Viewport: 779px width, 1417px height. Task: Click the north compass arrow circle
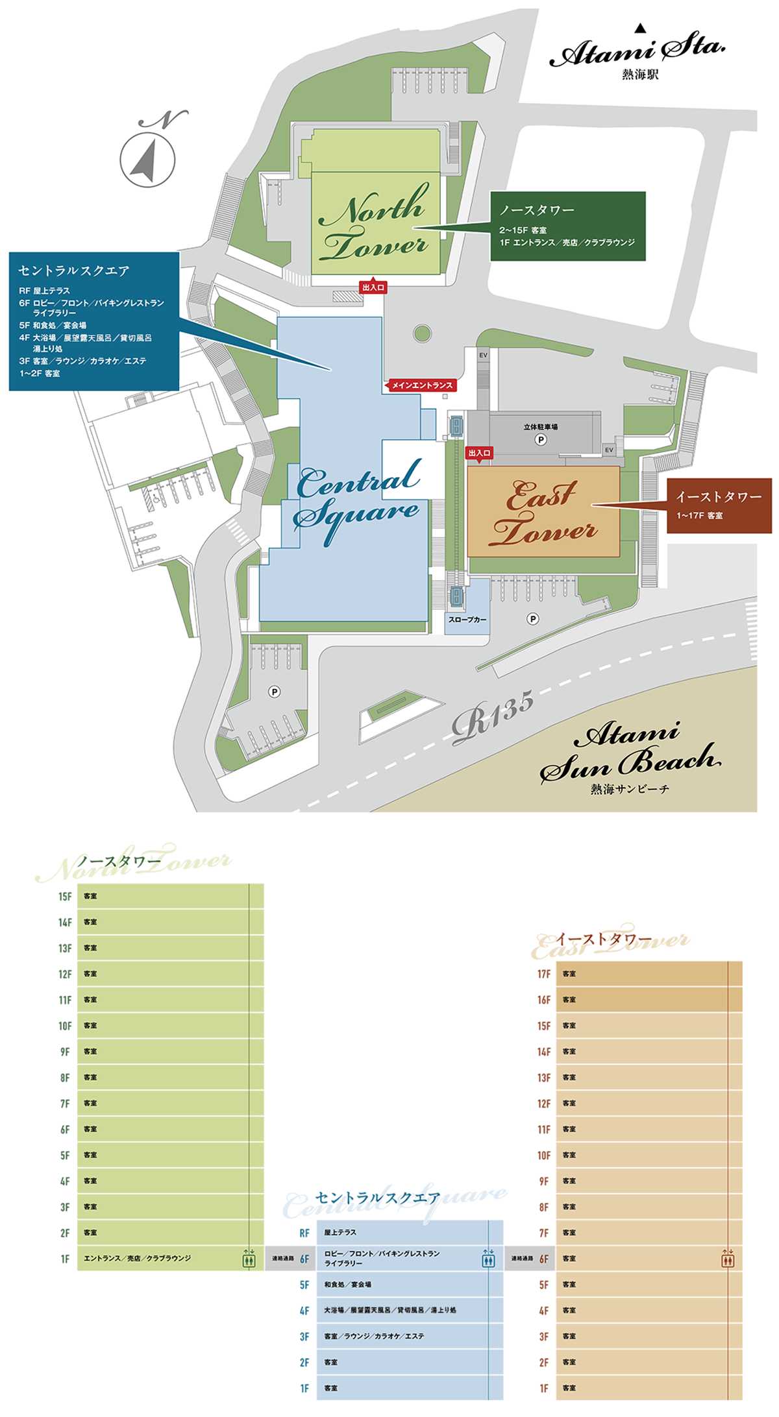(147, 160)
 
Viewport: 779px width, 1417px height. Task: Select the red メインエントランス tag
(421, 385)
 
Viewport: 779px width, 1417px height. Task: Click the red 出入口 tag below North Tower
(373, 287)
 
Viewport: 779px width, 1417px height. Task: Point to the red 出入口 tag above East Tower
(479, 453)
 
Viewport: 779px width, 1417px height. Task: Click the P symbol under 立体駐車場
(540, 439)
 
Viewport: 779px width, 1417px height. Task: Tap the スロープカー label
(467, 620)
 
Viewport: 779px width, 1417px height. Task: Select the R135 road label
(493, 717)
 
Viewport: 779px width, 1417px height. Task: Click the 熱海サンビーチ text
(629, 789)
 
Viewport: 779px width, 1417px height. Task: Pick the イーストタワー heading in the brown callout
(719, 497)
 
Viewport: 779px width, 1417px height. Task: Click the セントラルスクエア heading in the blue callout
(74, 271)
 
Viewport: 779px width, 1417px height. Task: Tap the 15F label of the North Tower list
(65, 897)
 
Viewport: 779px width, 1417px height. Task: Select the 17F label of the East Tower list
(543, 974)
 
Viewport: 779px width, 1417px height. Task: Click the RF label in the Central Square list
(304, 1233)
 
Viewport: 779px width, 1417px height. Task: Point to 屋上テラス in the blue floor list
(340, 1232)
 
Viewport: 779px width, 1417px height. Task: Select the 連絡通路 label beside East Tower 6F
(521, 1259)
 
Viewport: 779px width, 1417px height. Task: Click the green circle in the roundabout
(422, 333)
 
